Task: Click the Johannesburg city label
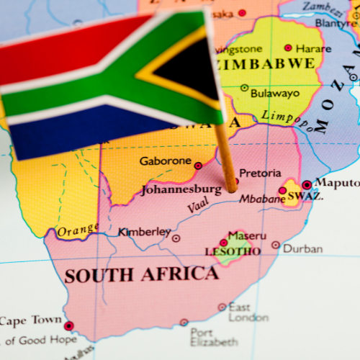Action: pyautogui.click(x=181, y=190)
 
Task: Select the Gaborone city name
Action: pyautogui.click(x=165, y=161)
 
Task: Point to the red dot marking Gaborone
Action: pyautogui.click(x=198, y=166)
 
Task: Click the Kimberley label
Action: pyautogui.click(x=144, y=232)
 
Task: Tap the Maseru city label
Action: pyautogui.click(x=246, y=235)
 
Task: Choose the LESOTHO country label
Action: pyautogui.click(x=233, y=251)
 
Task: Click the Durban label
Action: pyautogui.click(x=302, y=248)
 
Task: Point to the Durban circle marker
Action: pyautogui.click(x=276, y=246)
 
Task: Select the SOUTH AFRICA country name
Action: pyautogui.click(x=140, y=274)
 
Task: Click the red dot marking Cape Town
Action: pyautogui.click(x=68, y=325)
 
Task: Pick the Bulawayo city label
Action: pyautogui.click(x=274, y=93)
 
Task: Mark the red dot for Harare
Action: pyautogui.click(x=288, y=48)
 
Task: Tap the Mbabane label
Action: pyautogui.click(x=257, y=199)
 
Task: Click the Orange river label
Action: pyautogui.click(x=77, y=230)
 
